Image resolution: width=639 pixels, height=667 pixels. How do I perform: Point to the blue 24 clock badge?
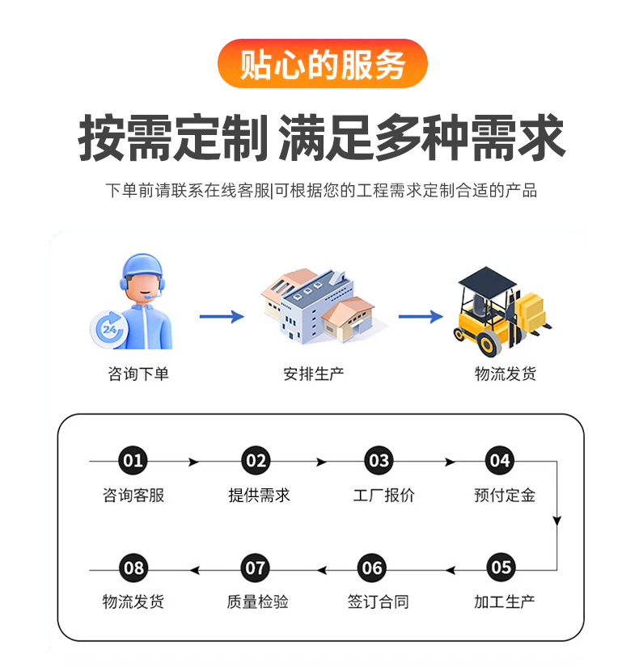(109, 330)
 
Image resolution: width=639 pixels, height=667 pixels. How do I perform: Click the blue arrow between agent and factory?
(221, 316)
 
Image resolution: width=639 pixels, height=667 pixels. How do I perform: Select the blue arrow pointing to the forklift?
(420, 316)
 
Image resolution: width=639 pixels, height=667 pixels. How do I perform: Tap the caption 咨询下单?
(138, 374)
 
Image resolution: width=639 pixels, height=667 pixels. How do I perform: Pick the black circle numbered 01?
(133, 461)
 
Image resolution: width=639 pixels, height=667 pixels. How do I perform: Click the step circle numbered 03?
(378, 461)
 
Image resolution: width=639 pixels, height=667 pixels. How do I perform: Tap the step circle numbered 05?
(501, 568)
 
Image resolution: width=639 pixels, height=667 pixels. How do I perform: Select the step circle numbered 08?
(133, 568)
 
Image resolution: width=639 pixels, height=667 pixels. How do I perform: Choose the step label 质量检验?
(257, 602)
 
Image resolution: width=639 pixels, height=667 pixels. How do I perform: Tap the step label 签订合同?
(379, 602)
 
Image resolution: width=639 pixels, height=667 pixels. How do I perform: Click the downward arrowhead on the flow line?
(556, 521)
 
